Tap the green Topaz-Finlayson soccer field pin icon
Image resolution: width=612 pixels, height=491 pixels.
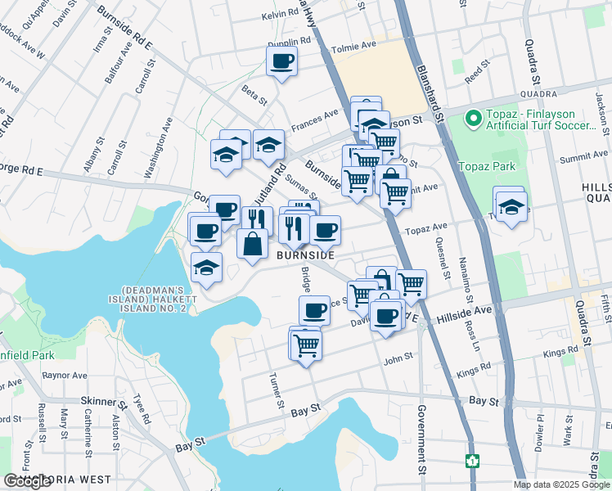pyautogui.click(x=472, y=120)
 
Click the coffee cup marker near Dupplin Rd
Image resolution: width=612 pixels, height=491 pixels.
pyautogui.click(x=281, y=61)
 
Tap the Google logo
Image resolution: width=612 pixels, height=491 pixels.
pyautogui.click(x=27, y=481)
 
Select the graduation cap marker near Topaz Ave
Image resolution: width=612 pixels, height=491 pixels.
pyautogui.click(x=511, y=207)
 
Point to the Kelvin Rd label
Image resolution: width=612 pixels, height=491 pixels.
pyautogui.click(x=281, y=16)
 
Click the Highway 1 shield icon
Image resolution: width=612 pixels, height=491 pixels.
pyautogui.click(x=471, y=461)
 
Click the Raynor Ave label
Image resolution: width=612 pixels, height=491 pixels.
pyautogui.click(x=65, y=376)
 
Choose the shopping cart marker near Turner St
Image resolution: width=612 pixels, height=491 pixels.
pyautogui.click(x=306, y=345)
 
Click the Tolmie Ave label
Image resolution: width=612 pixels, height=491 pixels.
pyautogui.click(x=353, y=49)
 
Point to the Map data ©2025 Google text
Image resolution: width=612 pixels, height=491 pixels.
pyautogui.click(x=560, y=484)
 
